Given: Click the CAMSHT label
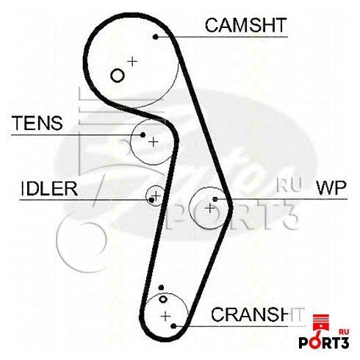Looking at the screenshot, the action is tap(245, 25).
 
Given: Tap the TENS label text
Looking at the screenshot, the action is tap(37, 123).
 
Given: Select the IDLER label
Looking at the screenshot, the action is tap(49, 189).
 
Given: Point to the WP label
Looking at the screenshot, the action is tap(331, 188).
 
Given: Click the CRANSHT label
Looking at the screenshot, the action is tap(258, 314).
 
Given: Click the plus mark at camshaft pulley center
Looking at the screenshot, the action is tap(132, 61).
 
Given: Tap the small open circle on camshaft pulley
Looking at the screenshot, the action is tap(117, 75).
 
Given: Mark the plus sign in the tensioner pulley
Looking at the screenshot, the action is tap(154, 142).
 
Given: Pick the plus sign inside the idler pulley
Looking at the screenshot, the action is tap(156, 195).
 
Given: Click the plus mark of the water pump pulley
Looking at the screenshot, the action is tap(210, 209).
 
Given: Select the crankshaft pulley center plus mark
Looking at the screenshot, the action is tap(166, 316).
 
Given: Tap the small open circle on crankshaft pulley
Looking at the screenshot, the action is tap(163, 299).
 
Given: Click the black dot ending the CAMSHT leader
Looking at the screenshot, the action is tap(156, 37).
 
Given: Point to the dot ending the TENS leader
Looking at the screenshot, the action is tap(143, 134).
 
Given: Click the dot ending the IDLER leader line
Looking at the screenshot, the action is tap(151, 200).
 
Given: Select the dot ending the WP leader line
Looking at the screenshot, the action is tap(215, 199).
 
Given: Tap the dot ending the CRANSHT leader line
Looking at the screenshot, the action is tap(173, 326).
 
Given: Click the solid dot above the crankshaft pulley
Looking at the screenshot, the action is tap(161, 287).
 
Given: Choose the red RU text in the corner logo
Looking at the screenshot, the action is tap(343, 332).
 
